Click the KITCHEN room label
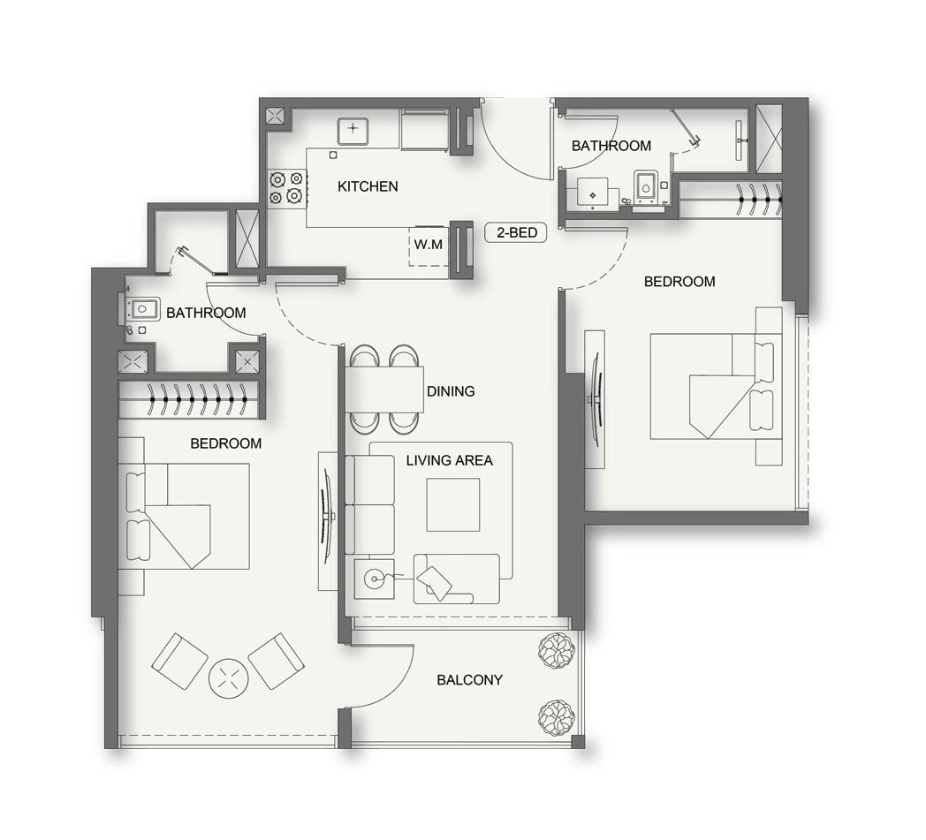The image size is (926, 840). tap(368, 186)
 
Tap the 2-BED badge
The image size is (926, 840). tap(516, 233)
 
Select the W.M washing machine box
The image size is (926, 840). tap(429, 245)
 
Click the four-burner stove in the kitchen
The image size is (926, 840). tap(286, 186)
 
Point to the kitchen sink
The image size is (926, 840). tap(352, 131)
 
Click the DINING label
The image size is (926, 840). tap(450, 391)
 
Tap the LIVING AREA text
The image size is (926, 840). tap(449, 460)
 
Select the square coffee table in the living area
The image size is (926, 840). tap(452, 504)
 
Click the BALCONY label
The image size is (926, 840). tap(469, 680)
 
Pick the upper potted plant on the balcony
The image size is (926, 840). tap(557, 651)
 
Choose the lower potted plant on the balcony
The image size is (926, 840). tap(557, 716)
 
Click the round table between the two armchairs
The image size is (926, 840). tap(229, 679)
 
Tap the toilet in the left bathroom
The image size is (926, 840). tap(142, 309)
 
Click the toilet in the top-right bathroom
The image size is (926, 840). tap(646, 187)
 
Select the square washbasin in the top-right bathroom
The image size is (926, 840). tap(592, 191)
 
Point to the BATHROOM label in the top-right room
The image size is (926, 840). tap(611, 146)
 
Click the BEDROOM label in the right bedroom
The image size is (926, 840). tap(679, 282)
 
